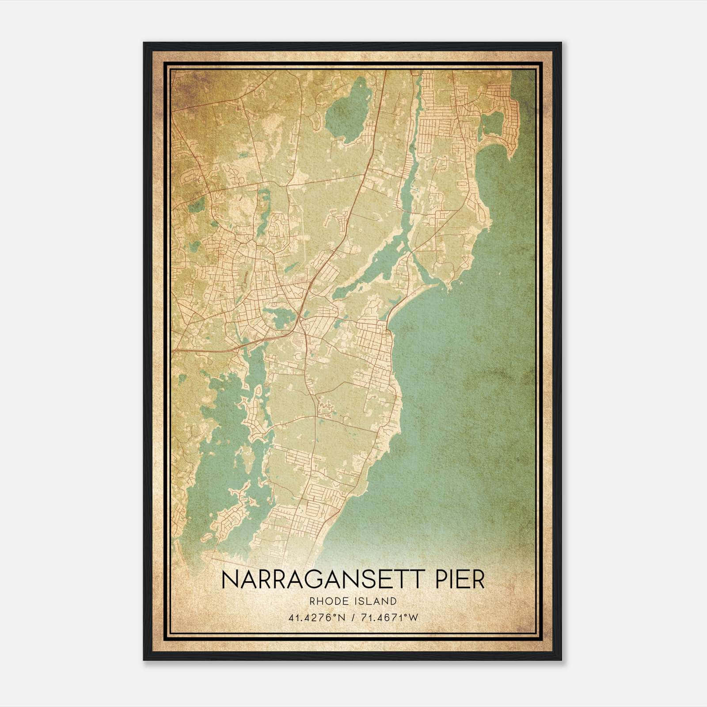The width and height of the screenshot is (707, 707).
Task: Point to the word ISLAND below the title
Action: coord(375,601)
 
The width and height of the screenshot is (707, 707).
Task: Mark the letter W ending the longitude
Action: coord(413,617)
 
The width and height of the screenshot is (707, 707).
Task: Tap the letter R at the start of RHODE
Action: coord(312,601)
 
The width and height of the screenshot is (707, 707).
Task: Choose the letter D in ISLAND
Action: coord(393,601)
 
